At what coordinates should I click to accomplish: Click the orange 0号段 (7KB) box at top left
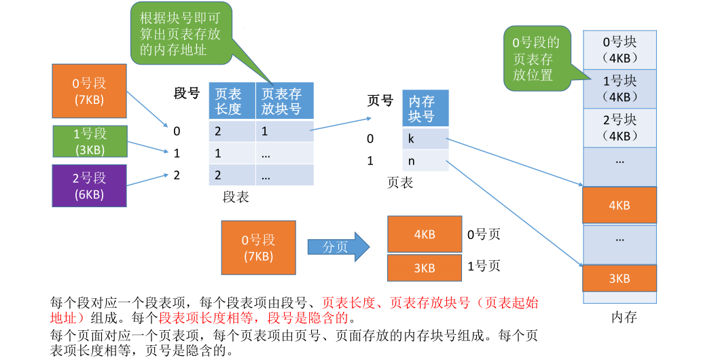[90, 92]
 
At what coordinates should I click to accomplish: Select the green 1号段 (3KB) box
[90, 141]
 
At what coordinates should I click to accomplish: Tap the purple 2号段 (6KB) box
[90, 185]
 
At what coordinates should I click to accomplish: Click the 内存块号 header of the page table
[425, 109]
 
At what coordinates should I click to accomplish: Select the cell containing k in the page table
[425, 139]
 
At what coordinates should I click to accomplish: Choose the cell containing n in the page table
[425, 161]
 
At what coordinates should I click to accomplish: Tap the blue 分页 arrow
[337, 247]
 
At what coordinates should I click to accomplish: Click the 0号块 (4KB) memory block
[620, 50]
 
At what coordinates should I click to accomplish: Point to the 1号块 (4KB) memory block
[620, 89]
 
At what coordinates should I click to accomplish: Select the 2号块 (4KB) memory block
[620, 128]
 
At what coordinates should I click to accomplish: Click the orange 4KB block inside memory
[620, 205]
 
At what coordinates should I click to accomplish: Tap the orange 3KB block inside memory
[620, 278]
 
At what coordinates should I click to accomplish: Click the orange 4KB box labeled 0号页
[424, 234]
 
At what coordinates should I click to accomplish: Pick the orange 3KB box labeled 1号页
[424, 268]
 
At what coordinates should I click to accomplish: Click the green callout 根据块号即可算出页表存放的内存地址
[180, 34]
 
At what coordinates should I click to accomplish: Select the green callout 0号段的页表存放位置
[536, 58]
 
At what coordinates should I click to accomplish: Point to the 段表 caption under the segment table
[236, 197]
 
